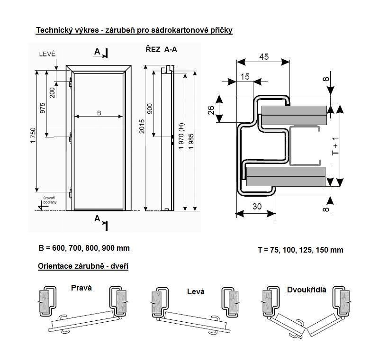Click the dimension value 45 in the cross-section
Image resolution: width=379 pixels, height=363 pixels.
[x=264, y=56]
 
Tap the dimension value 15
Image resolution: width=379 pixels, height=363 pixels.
[x=245, y=77]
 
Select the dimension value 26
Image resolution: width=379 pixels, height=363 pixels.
[x=211, y=109]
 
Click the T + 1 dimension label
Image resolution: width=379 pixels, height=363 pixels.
[x=335, y=146]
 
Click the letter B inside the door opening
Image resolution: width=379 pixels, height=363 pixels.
[x=99, y=113]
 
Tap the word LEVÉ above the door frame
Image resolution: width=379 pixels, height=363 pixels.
[x=47, y=54]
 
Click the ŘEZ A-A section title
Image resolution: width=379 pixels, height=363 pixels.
[x=161, y=49]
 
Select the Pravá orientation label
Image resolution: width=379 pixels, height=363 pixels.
[x=81, y=288]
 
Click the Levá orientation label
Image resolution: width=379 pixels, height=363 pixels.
[x=196, y=291]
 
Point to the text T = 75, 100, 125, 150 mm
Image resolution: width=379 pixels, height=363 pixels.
[x=300, y=250]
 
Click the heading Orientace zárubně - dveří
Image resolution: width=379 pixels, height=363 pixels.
[x=83, y=266]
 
